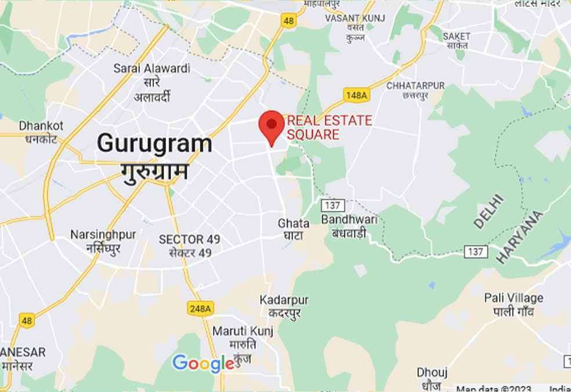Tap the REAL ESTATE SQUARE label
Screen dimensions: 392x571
(330, 128)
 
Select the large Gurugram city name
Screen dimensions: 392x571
(154, 143)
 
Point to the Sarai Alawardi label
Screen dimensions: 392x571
(151, 68)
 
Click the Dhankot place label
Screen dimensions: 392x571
(41, 126)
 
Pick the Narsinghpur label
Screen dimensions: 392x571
(103, 235)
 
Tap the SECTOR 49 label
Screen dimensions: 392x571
(189, 239)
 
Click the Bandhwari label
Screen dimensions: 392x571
(349, 220)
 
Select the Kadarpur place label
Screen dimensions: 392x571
(284, 300)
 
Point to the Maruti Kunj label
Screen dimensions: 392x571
(243, 331)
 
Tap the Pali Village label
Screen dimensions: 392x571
(514, 298)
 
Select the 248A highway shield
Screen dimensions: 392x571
(200, 308)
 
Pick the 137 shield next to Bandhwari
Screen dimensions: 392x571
(334, 205)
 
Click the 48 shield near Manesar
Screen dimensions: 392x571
(26, 320)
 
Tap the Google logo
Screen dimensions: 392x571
(203, 364)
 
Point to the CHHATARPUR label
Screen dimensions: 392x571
(415, 86)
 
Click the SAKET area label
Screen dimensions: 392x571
(457, 36)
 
